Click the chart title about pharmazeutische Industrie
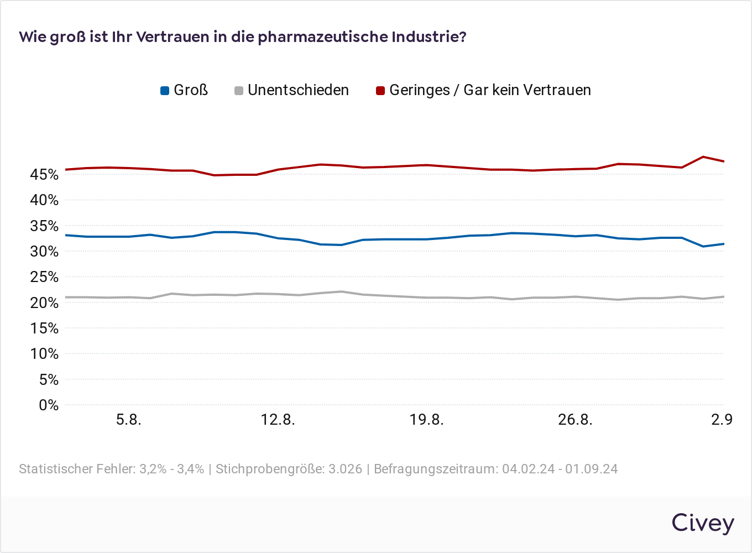pyautogui.click(x=243, y=37)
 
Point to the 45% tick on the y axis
pyautogui.click(x=44, y=175)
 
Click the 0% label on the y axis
pyautogui.click(x=48, y=405)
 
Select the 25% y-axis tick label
pyautogui.click(x=44, y=277)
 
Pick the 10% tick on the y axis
pyautogui.click(x=44, y=354)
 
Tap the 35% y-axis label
pyautogui.click(x=44, y=226)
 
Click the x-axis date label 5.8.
pyautogui.click(x=128, y=420)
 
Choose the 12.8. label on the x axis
pyautogui.click(x=278, y=420)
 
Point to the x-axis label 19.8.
pyautogui.click(x=426, y=420)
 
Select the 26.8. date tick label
pyautogui.click(x=575, y=420)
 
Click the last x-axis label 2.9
pyautogui.click(x=722, y=420)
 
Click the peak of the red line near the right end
pyautogui.click(x=703, y=156)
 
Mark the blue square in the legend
pyautogui.click(x=165, y=91)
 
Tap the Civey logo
pyautogui.click(x=703, y=523)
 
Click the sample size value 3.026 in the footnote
pyautogui.click(x=345, y=469)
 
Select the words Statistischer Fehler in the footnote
pyautogui.click(x=77, y=469)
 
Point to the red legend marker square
pyautogui.click(x=380, y=91)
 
